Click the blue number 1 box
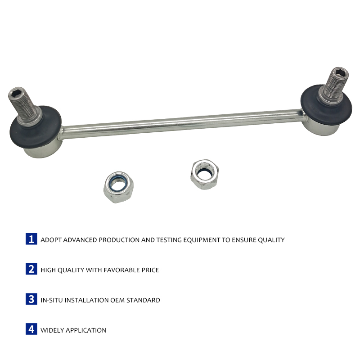coord(31,239)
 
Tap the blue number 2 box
coord(31,269)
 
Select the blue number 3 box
coord(31,299)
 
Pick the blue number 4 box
coord(31,329)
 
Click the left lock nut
coord(118,187)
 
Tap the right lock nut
coord(205,174)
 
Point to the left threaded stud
coord(24,106)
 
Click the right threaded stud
coord(333,85)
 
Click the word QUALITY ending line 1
coord(271,240)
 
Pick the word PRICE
coord(150,270)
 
